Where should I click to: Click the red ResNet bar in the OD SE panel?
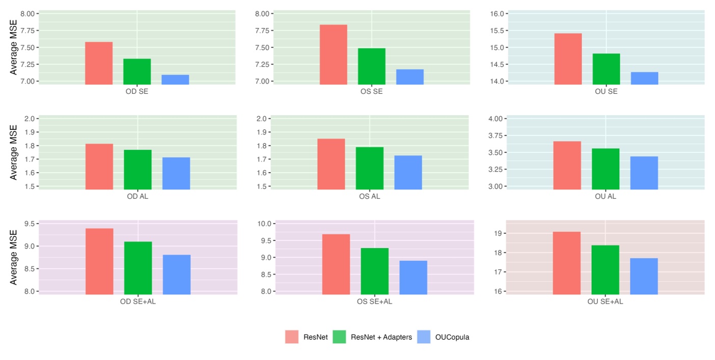[x=99, y=63]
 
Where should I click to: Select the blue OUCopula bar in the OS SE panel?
[x=409, y=77]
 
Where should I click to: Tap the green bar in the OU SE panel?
[x=606, y=69]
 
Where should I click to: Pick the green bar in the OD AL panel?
[x=137, y=170]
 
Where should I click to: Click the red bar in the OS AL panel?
[x=331, y=164]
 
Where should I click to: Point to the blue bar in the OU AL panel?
[x=644, y=173]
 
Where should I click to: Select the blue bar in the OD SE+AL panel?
[x=176, y=274]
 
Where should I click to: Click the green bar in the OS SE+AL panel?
[x=374, y=271]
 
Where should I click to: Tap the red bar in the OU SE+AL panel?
[x=566, y=263]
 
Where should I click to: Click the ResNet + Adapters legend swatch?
[x=339, y=337]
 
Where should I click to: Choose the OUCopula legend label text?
[x=452, y=337]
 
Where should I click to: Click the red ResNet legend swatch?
[x=292, y=337]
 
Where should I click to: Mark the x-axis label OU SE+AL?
[x=605, y=301]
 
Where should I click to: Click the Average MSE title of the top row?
[x=14, y=47]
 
